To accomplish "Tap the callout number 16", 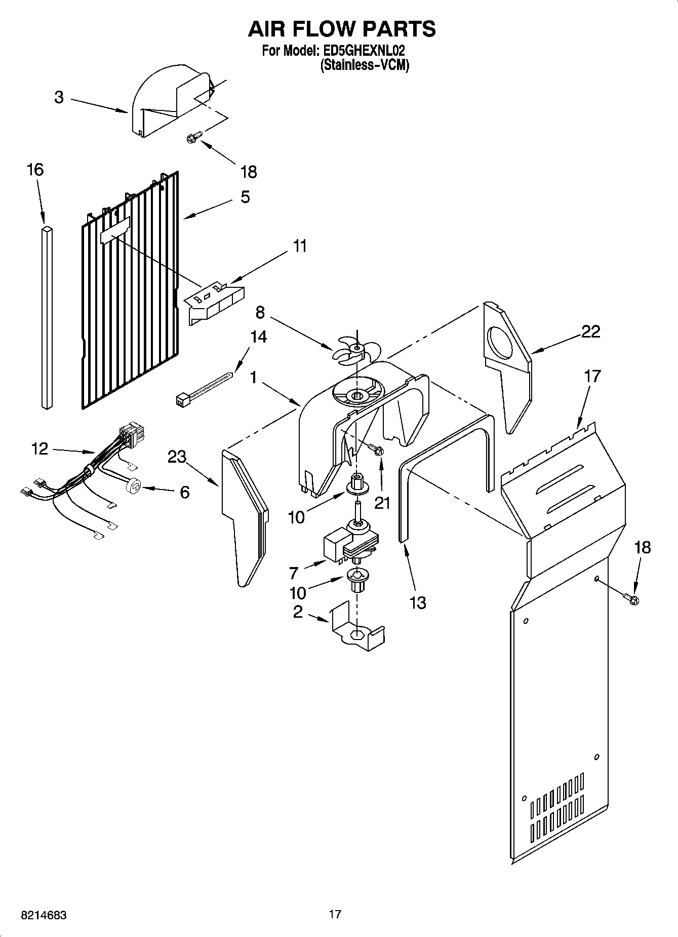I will point(35,169).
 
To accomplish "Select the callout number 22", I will point(590,332).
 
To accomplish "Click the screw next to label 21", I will point(376,449).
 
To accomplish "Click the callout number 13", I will point(418,603).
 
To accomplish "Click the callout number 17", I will point(592,376).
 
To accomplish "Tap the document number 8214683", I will point(44,915).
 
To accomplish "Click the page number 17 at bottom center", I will point(335,914).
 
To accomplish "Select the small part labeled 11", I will point(215,303).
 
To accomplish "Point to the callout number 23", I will point(177,457).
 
